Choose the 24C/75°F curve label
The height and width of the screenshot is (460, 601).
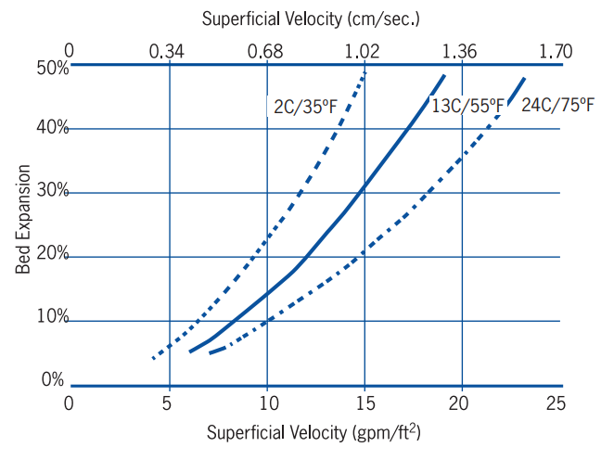[x=557, y=105]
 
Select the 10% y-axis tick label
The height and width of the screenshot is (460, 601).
[x=53, y=318]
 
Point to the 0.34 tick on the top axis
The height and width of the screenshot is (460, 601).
[x=169, y=50]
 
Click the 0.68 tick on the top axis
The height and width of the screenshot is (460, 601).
[x=266, y=50]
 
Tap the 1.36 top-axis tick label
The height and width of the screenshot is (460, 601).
[x=460, y=50]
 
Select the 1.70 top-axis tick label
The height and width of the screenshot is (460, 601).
[x=556, y=50]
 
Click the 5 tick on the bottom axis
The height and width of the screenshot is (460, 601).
[x=169, y=403]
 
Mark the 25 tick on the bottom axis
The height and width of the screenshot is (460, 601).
[x=557, y=403]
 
